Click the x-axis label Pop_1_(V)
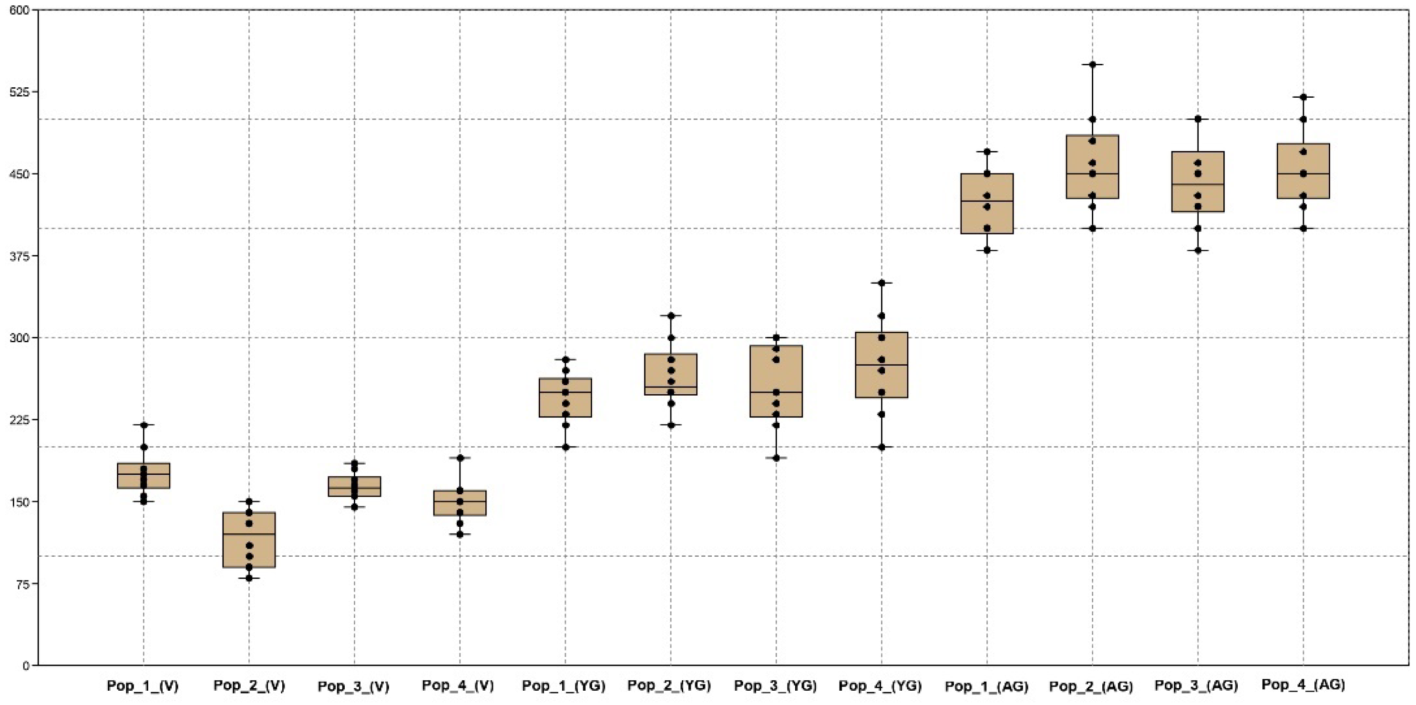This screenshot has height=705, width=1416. click(x=143, y=686)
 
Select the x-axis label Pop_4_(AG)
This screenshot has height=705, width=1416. click(x=1303, y=685)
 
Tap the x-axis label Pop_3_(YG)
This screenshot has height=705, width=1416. click(x=776, y=686)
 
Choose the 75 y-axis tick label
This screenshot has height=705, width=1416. click(x=21, y=583)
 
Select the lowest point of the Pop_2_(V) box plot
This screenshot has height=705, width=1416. click(x=249, y=578)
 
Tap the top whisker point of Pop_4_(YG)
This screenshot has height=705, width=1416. click(x=881, y=283)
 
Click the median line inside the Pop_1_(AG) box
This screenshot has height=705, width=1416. click(x=987, y=201)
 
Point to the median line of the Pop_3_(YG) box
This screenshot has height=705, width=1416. click(x=776, y=392)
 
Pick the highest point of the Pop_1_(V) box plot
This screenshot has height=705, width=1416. click(x=144, y=425)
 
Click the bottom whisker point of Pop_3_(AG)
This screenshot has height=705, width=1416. click(x=1198, y=251)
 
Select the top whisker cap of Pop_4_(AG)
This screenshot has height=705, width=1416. click(x=1303, y=97)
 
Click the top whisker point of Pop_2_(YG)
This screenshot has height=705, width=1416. click(x=671, y=316)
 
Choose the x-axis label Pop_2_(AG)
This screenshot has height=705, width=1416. click(x=1091, y=686)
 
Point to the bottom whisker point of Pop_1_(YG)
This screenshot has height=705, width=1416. click(x=565, y=447)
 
